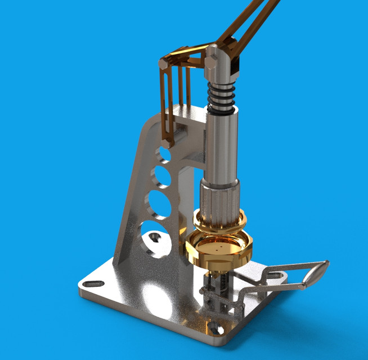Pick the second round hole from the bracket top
click(162, 177)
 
